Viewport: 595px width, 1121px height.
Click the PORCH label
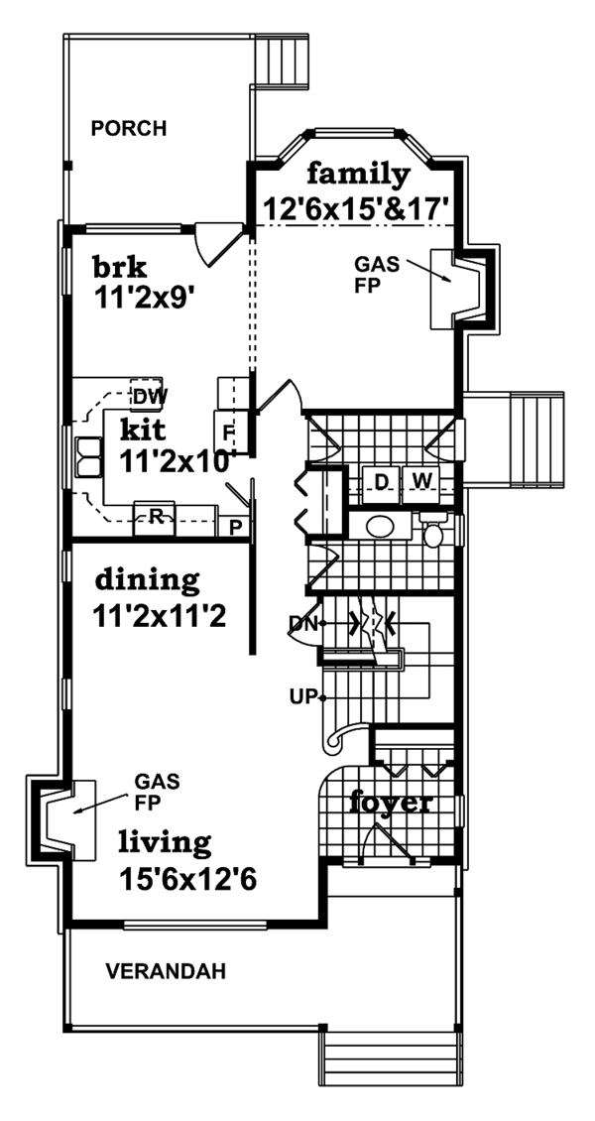pyautogui.click(x=128, y=128)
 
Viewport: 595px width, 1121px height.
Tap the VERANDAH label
pyautogui.click(x=165, y=971)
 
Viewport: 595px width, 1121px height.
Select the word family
pyautogui.click(x=357, y=176)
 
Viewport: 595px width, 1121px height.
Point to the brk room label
pyautogui.click(x=120, y=267)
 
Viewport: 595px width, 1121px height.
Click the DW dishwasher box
pyautogui.click(x=149, y=397)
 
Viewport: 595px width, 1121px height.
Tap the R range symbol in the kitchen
pyautogui.click(x=156, y=515)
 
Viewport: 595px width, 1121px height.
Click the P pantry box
pyautogui.click(x=236, y=527)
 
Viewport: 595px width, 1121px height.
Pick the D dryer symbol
pyautogui.click(x=381, y=481)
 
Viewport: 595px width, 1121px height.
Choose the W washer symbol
pyautogui.click(x=421, y=481)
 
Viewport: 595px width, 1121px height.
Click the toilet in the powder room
pyautogui.click(x=433, y=532)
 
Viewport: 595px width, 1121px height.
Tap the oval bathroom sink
pyautogui.click(x=381, y=526)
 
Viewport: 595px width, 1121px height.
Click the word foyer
pyautogui.click(x=390, y=803)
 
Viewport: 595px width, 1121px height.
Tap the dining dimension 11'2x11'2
pyautogui.click(x=162, y=615)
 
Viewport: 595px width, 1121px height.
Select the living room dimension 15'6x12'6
pyautogui.click(x=188, y=878)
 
